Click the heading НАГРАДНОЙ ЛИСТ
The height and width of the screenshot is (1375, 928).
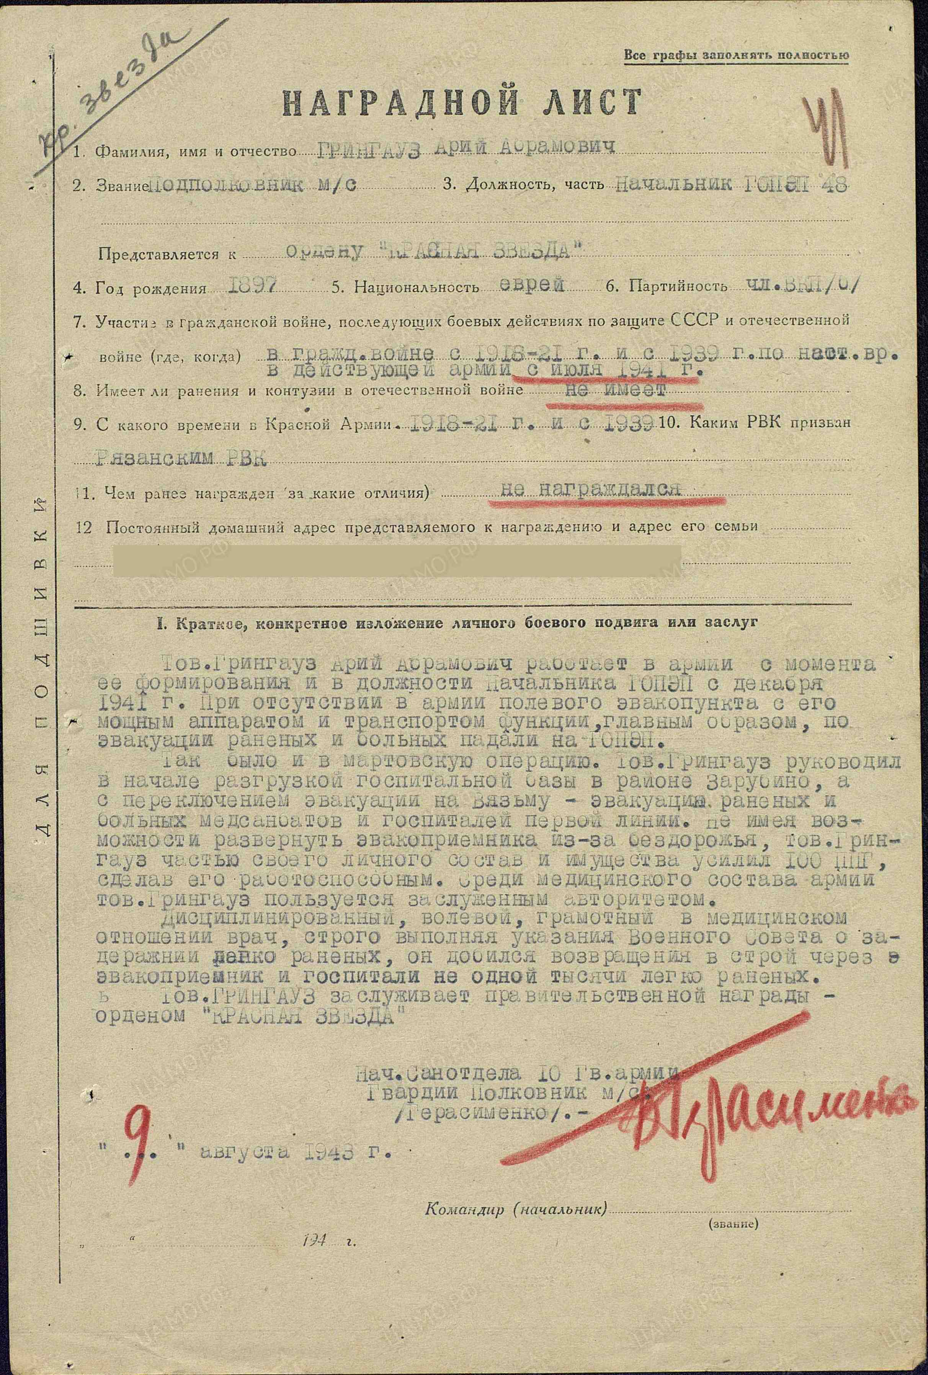(462, 102)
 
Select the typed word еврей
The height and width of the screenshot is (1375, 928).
(531, 285)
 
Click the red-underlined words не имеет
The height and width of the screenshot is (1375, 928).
(616, 390)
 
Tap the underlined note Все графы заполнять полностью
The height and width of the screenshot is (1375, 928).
(737, 56)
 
